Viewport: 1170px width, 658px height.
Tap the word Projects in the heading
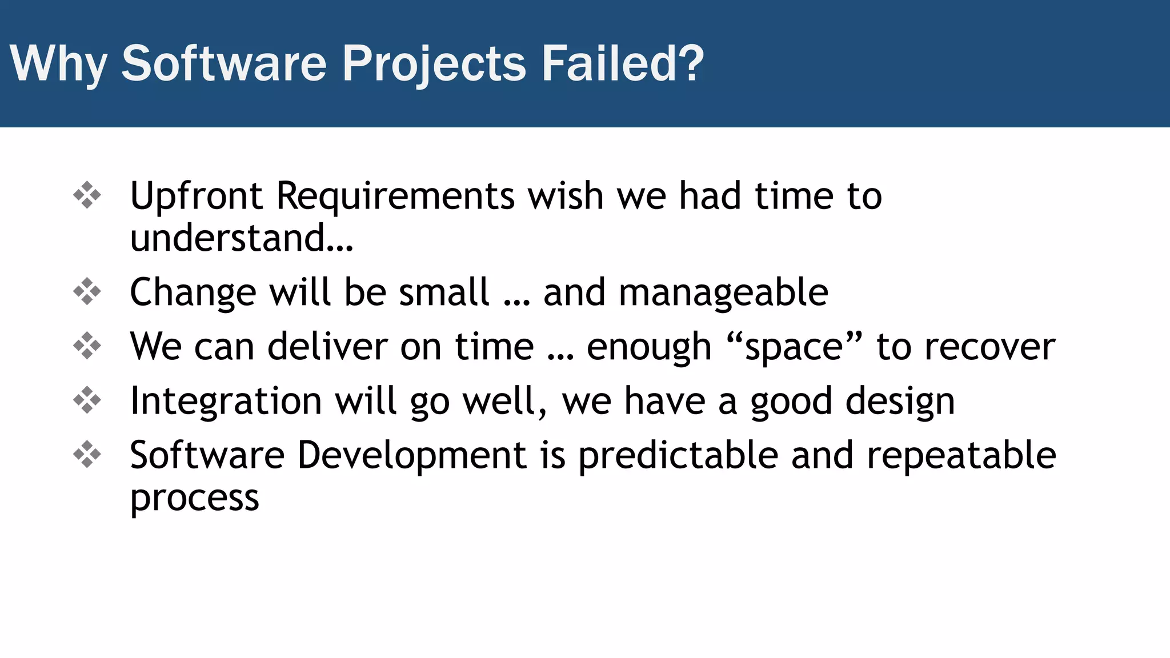tap(434, 64)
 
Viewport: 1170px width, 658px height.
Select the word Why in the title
tap(58, 64)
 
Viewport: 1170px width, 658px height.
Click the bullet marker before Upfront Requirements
tap(87, 195)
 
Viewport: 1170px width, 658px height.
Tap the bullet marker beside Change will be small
tap(87, 291)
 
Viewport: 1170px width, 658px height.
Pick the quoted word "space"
tap(795, 346)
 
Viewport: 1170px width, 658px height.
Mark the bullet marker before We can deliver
tap(87, 346)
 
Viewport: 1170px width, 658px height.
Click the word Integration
tap(226, 401)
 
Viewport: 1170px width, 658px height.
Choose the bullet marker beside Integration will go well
tap(87, 400)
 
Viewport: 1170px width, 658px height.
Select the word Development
tap(412, 456)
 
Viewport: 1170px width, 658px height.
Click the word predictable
tap(678, 456)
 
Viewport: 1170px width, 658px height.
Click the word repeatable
tap(961, 456)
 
